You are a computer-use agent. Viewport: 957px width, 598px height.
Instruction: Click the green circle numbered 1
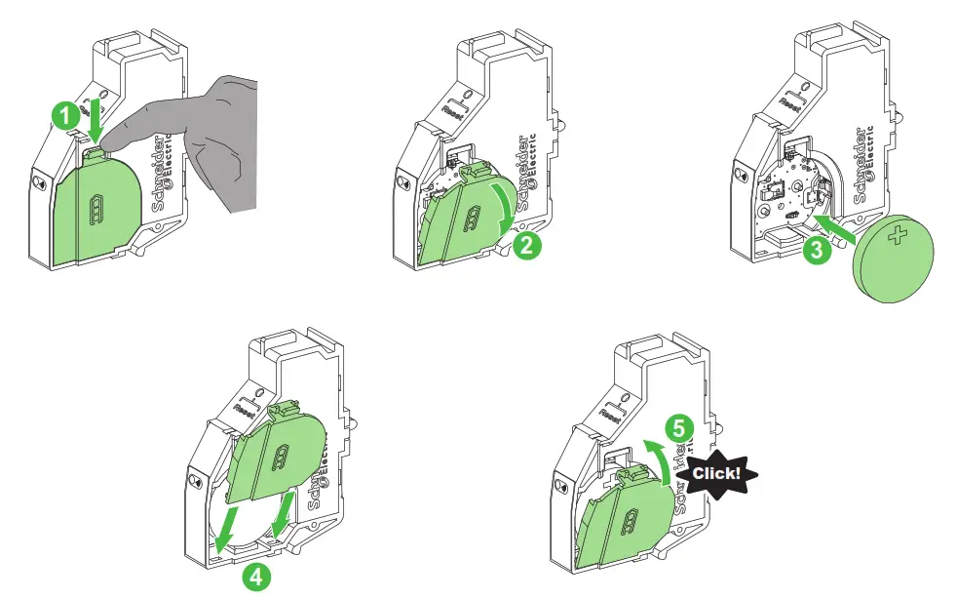tap(65, 116)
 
